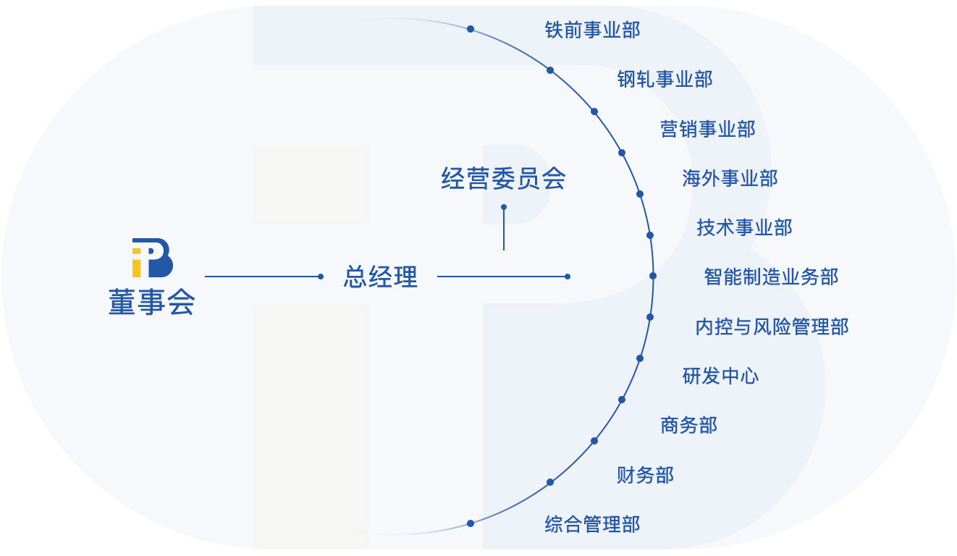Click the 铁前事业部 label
click(x=592, y=30)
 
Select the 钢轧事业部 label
click(x=665, y=79)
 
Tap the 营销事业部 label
click(x=707, y=129)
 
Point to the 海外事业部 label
click(x=730, y=178)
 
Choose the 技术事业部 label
click(x=744, y=227)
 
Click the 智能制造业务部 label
click(x=771, y=277)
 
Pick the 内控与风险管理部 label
click(x=772, y=327)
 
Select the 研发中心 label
click(x=720, y=376)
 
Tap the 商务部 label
click(x=688, y=425)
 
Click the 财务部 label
click(x=645, y=475)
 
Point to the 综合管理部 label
click(x=592, y=524)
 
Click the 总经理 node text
click(x=380, y=277)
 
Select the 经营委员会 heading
click(x=503, y=179)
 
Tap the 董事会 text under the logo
click(x=152, y=302)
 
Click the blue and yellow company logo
click(x=152, y=258)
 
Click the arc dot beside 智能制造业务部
click(x=653, y=276)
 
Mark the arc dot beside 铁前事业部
click(x=471, y=29)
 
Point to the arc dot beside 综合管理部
click(x=471, y=523)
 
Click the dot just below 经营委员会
click(x=504, y=207)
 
